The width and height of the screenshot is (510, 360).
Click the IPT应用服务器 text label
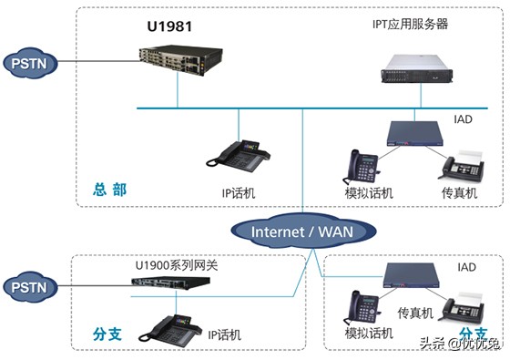pyautogui.click(x=397, y=24)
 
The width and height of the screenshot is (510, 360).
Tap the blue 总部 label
pyautogui.click(x=109, y=190)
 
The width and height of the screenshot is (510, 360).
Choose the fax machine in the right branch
pyautogui.click(x=462, y=307)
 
